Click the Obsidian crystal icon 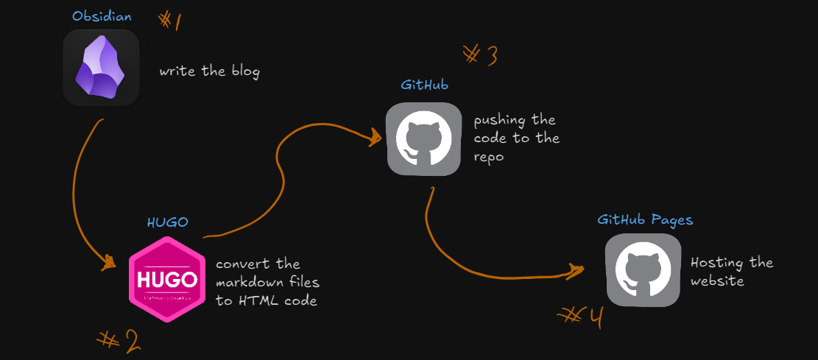click(x=101, y=68)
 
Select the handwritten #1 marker click(x=170, y=20)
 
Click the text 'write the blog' click(x=210, y=72)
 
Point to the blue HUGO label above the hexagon click(x=167, y=222)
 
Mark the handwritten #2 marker click(x=119, y=340)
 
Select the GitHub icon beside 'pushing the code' click(x=423, y=139)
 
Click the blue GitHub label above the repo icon click(x=425, y=85)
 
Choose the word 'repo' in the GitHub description click(x=489, y=157)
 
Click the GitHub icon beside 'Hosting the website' click(x=642, y=270)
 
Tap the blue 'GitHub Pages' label click(x=645, y=219)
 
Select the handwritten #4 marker click(x=582, y=317)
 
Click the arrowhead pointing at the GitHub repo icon click(x=374, y=136)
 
